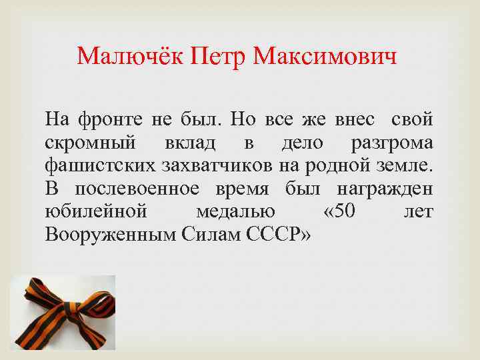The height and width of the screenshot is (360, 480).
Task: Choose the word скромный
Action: click(91, 143)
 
